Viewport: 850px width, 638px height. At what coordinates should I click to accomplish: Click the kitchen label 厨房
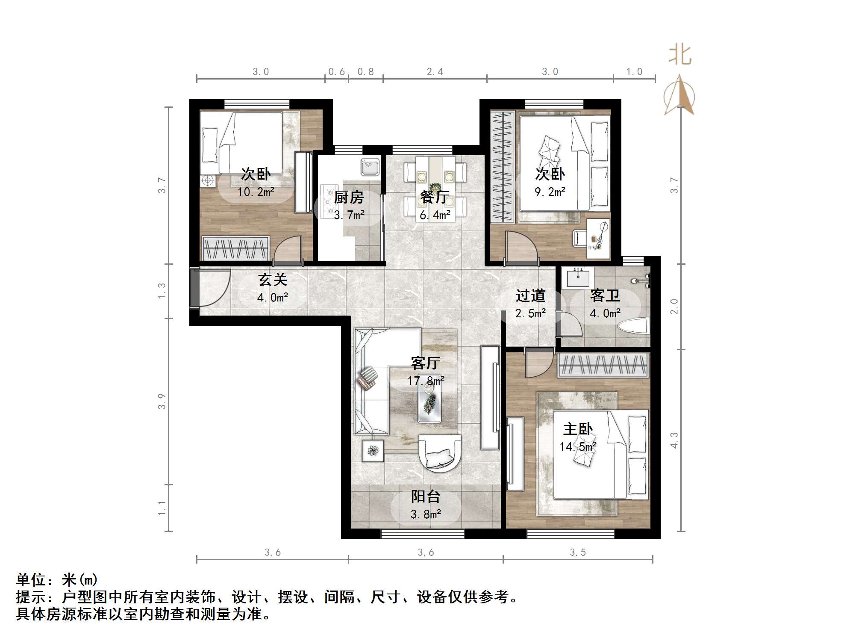348,198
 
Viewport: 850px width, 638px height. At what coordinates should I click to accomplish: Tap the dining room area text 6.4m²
435,215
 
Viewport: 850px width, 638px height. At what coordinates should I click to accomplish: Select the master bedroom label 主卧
577,429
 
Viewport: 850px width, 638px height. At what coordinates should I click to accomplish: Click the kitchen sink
370,167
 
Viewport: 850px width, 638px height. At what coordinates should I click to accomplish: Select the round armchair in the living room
440,453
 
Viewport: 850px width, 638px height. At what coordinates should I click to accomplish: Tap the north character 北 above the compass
679,56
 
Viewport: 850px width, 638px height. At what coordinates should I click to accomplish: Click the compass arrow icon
679,96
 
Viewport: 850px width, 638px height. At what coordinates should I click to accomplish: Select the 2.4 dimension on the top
435,72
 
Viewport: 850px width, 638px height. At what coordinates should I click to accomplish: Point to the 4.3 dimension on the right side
674,440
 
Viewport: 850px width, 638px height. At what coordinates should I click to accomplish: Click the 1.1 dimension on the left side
162,508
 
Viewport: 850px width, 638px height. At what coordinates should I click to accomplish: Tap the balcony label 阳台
425,497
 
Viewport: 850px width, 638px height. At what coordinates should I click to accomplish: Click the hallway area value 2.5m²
530,313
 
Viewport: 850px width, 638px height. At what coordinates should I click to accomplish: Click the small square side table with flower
373,450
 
